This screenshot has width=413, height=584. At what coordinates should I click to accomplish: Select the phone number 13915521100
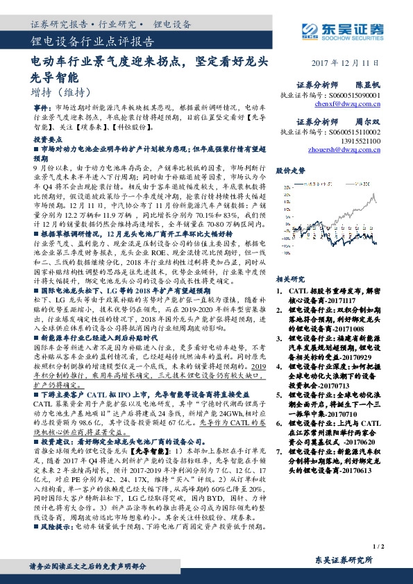363,139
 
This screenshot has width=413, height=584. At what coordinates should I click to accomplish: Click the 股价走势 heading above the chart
290,170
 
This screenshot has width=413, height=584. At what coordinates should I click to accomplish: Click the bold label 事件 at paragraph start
40,110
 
